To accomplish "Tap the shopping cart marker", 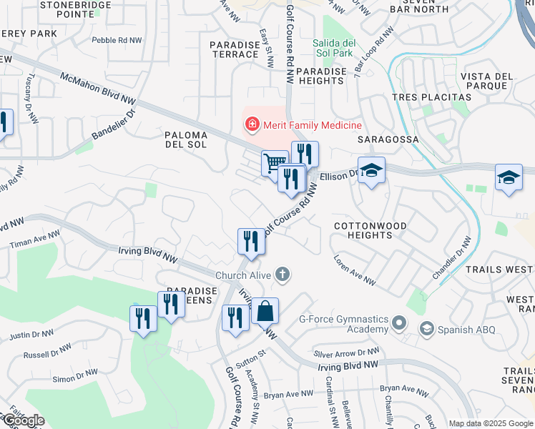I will (274, 163).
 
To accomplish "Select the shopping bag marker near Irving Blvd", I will (265, 311).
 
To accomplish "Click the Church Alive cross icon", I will (283, 275).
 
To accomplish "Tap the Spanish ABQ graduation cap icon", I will (427, 329).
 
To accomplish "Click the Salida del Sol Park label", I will (333, 48).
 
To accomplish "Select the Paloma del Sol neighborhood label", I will (186, 139).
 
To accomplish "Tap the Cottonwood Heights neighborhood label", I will (370, 231).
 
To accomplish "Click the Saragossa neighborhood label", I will (393, 139).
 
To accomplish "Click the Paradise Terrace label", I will (235, 50).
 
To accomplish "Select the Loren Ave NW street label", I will (353, 271).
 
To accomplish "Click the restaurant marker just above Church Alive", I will (252, 241).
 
